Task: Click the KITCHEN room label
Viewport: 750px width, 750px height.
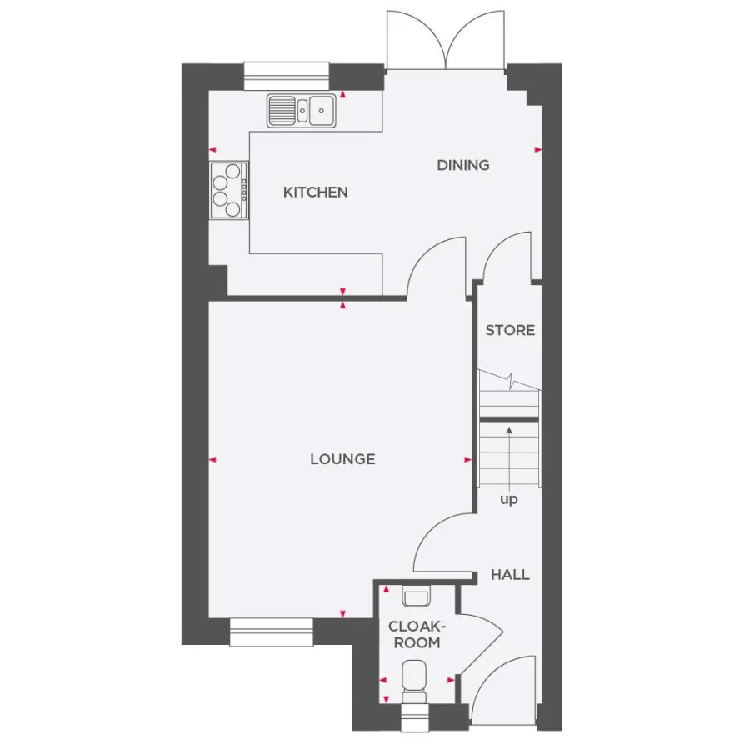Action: (315, 192)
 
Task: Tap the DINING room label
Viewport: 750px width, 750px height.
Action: (463, 166)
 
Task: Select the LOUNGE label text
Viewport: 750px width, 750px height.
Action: (342, 459)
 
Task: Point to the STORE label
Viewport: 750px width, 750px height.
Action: (510, 330)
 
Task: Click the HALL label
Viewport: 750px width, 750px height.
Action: (510, 574)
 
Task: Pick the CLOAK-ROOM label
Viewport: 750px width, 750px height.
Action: (417, 634)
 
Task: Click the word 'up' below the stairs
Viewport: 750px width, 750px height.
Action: (509, 500)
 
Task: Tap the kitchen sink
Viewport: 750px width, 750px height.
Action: (302, 111)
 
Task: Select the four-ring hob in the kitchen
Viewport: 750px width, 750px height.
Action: (228, 190)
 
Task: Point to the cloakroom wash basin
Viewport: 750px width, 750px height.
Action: (416, 596)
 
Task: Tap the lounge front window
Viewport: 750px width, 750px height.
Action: (271, 632)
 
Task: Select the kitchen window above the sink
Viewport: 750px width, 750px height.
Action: (287, 76)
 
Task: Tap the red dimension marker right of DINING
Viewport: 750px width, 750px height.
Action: (538, 150)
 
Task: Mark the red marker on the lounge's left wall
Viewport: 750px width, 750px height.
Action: (212, 460)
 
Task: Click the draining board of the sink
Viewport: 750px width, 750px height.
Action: (282, 110)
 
